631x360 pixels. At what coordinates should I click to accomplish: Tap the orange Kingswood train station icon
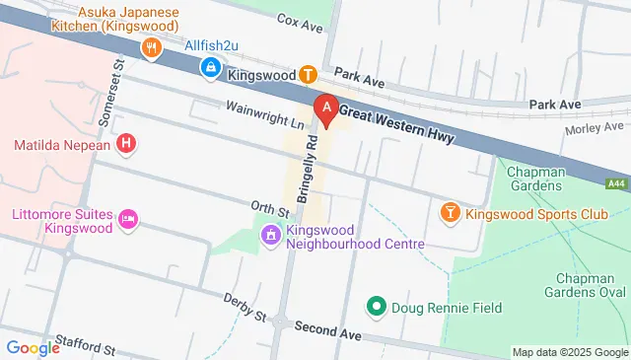point(308,74)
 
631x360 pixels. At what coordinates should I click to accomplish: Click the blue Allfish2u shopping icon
point(210,67)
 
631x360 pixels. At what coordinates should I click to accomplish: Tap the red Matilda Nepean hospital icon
point(126,145)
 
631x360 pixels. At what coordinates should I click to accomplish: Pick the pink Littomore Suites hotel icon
point(127,220)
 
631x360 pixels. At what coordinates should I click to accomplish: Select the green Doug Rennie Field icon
point(375,308)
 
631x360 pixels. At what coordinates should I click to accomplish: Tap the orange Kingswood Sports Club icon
point(450,212)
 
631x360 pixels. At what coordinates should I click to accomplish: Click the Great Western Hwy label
point(398,125)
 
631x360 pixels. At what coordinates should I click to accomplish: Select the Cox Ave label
point(300,19)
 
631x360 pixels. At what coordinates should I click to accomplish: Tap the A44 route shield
point(616,183)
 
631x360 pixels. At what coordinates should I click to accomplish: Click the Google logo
point(33,347)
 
